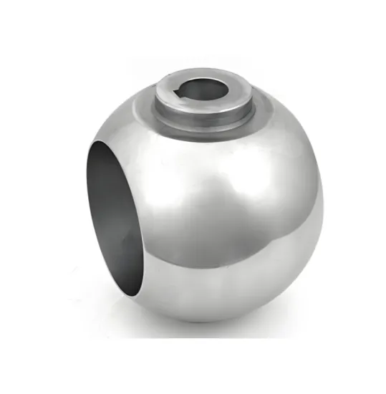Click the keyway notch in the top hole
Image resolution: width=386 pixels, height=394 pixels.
[180, 90]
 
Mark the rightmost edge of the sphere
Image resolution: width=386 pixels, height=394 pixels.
[324, 208]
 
